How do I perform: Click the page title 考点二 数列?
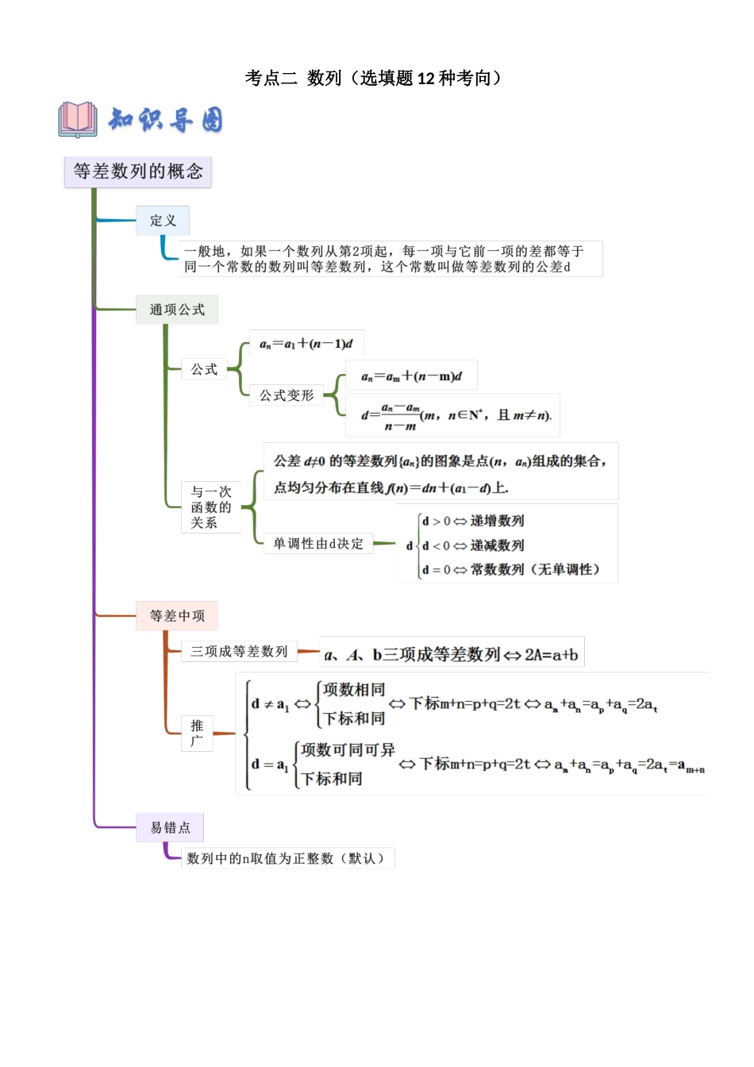click(374, 78)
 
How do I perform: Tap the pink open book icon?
click(77, 119)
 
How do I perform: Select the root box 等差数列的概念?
click(138, 171)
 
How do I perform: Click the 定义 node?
click(163, 221)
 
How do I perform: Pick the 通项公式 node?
click(177, 310)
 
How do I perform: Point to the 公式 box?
click(204, 369)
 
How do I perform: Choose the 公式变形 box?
click(287, 395)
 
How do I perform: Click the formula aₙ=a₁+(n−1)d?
click(306, 344)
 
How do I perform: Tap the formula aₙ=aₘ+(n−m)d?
click(411, 376)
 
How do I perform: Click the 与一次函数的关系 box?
click(211, 507)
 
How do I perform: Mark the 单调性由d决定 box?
click(318, 544)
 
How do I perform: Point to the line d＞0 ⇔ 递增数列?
click(473, 521)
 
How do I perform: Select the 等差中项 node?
click(177, 616)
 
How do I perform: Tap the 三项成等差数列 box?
click(239, 652)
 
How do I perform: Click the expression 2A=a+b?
click(551, 655)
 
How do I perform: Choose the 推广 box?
click(197, 733)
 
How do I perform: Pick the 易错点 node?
click(170, 827)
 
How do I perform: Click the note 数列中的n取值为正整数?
click(286, 858)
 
